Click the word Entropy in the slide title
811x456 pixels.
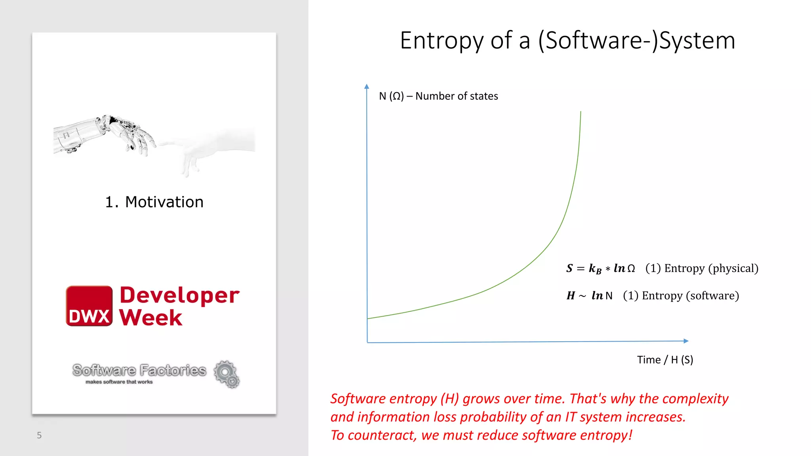(x=442, y=41)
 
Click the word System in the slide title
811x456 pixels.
(x=697, y=41)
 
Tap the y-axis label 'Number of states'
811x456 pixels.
(x=457, y=96)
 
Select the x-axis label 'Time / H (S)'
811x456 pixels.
(x=665, y=360)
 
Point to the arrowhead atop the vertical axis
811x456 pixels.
(x=367, y=86)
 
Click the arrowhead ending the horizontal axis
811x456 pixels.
(x=686, y=341)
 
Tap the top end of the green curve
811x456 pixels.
(x=581, y=113)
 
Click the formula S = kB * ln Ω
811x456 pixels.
(x=600, y=268)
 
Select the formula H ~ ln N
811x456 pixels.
(x=589, y=296)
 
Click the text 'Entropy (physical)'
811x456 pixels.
(x=711, y=268)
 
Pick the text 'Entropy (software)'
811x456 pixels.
(x=690, y=296)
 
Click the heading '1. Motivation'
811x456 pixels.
(x=154, y=202)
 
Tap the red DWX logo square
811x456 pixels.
(x=89, y=306)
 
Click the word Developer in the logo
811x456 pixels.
(x=179, y=295)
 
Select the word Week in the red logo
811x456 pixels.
(x=151, y=317)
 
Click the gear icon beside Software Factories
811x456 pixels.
(x=227, y=374)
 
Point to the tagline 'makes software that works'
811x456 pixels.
(x=119, y=382)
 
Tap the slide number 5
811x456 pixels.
(x=39, y=435)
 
